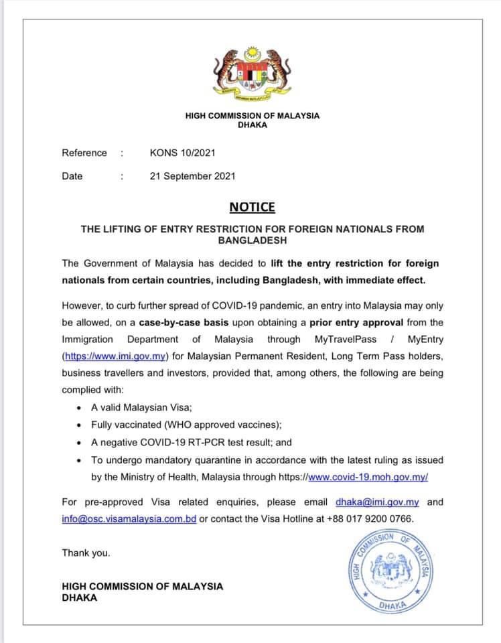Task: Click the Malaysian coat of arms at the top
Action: (x=253, y=74)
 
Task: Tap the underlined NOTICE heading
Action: (x=252, y=208)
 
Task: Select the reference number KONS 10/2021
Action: (x=183, y=153)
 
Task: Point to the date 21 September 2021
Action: (x=193, y=176)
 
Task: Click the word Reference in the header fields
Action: (x=84, y=153)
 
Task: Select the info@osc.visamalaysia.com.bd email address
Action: (x=129, y=518)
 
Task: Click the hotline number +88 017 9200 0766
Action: (x=370, y=518)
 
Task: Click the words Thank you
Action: (x=86, y=553)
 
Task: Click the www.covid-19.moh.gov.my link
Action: (x=368, y=477)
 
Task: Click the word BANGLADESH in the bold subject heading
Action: (x=252, y=239)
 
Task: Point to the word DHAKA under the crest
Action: (x=253, y=125)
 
